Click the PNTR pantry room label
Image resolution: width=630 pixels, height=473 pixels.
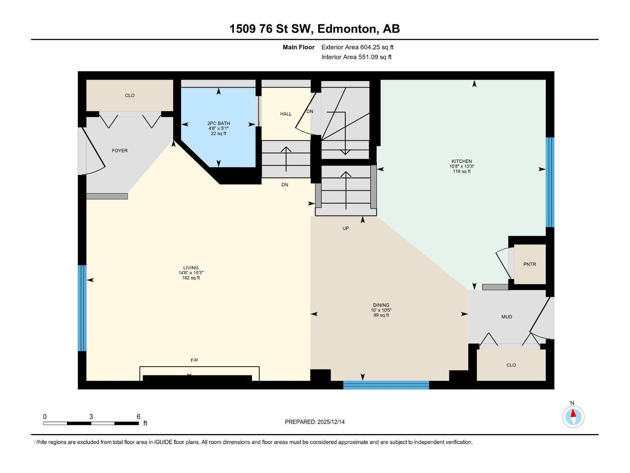[x=530, y=264]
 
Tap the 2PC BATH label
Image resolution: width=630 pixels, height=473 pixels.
[x=219, y=123]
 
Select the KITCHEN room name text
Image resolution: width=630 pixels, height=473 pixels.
[x=461, y=161]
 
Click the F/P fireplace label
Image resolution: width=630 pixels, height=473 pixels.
[x=194, y=360]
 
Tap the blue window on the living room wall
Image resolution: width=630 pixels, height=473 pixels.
[x=82, y=308]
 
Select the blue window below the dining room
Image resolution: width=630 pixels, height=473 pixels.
[x=386, y=385]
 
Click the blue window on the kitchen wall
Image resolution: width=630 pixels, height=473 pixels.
[x=550, y=182]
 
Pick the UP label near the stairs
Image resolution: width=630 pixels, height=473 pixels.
[x=345, y=228]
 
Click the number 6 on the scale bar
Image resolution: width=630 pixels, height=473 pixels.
[x=138, y=417]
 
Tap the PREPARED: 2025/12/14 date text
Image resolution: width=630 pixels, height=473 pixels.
[x=315, y=422]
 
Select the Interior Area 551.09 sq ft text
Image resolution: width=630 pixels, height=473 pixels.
[x=356, y=57]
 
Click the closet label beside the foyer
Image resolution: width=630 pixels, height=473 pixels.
[x=130, y=95]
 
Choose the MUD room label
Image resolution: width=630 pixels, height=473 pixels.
[x=506, y=317]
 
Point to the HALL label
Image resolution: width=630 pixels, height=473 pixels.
[x=286, y=114]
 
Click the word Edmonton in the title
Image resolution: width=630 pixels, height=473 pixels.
[x=346, y=29]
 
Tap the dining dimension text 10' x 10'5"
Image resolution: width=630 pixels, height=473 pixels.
[x=381, y=310]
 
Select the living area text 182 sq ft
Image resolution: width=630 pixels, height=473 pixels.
[x=191, y=278]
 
